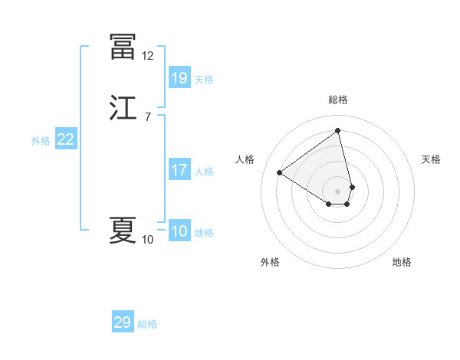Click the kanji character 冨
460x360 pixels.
pyautogui.click(x=123, y=47)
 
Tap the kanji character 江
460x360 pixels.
pyautogui.click(x=123, y=109)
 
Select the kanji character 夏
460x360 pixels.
pyautogui.click(x=123, y=231)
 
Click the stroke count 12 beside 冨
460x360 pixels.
pyautogui.click(x=147, y=56)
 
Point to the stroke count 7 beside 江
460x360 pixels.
pyautogui.click(x=147, y=117)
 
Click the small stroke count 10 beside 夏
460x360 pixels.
pyautogui.click(x=147, y=240)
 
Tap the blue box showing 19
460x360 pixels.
pyautogui.click(x=179, y=77)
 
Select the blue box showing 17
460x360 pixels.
pyautogui.click(x=179, y=170)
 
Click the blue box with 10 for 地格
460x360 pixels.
pyautogui.click(x=179, y=231)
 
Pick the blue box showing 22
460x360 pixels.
pyautogui.click(x=66, y=139)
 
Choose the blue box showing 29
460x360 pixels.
pyautogui.click(x=123, y=322)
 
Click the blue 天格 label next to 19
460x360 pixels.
pyautogui.click(x=204, y=79)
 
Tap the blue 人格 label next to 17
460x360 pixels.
pyautogui.click(x=204, y=172)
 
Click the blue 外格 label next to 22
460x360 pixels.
pyautogui.click(x=41, y=141)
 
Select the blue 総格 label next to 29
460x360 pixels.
pyautogui.click(x=147, y=324)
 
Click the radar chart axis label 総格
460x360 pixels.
pyautogui.click(x=338, y=100)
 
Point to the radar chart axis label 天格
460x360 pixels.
pyautogui.click(x=432, y=159)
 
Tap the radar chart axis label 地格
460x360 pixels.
pyautogui.click(x=402, y=262)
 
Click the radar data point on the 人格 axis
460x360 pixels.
pyautogui.click(x=280, y=172)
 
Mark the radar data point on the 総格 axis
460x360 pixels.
pyautogui.click(x=338, y=130)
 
